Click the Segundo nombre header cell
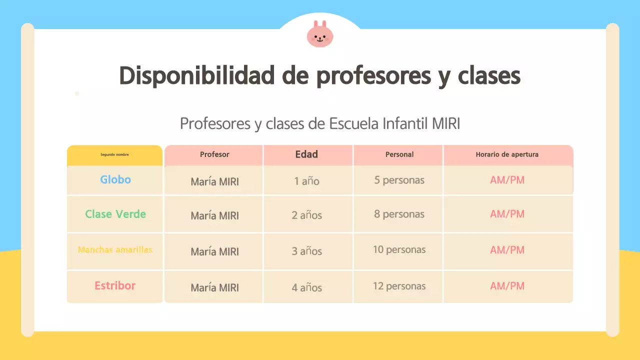(x=114, y=155)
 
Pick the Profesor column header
(x=214, y=154)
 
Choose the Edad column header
(x=306, y=154)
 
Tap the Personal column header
(x=399, y=154)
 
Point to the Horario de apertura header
(x=507, y=154)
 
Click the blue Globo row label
(x=115, y=179)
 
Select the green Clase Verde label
(x=115, y=214)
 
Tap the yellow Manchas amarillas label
(x=115, y=249)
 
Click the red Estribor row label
(x=115, y=286)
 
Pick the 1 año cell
(x=306, y=181)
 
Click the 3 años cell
(x=306, y=251)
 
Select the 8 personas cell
(x=399, y=214)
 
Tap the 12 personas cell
(x=399, y=286)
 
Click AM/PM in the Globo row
(x=507, y=180)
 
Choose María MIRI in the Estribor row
(x=214, y=287)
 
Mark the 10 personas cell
(x=399, y=249)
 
